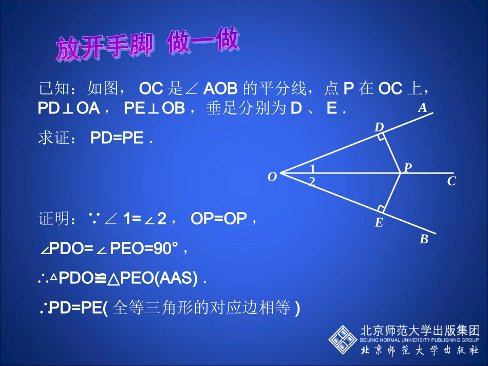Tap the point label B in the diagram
coord(423,239)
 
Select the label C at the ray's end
coord(452,181)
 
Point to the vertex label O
coord(272,177)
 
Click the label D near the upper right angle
coord(379,127)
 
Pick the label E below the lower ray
coord(379,223)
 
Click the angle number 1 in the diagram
coord(312,169)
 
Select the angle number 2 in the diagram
coord(312,181)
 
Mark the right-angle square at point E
coord(381,208)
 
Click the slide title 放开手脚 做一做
coord(147,46)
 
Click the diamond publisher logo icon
coord(343,338)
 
